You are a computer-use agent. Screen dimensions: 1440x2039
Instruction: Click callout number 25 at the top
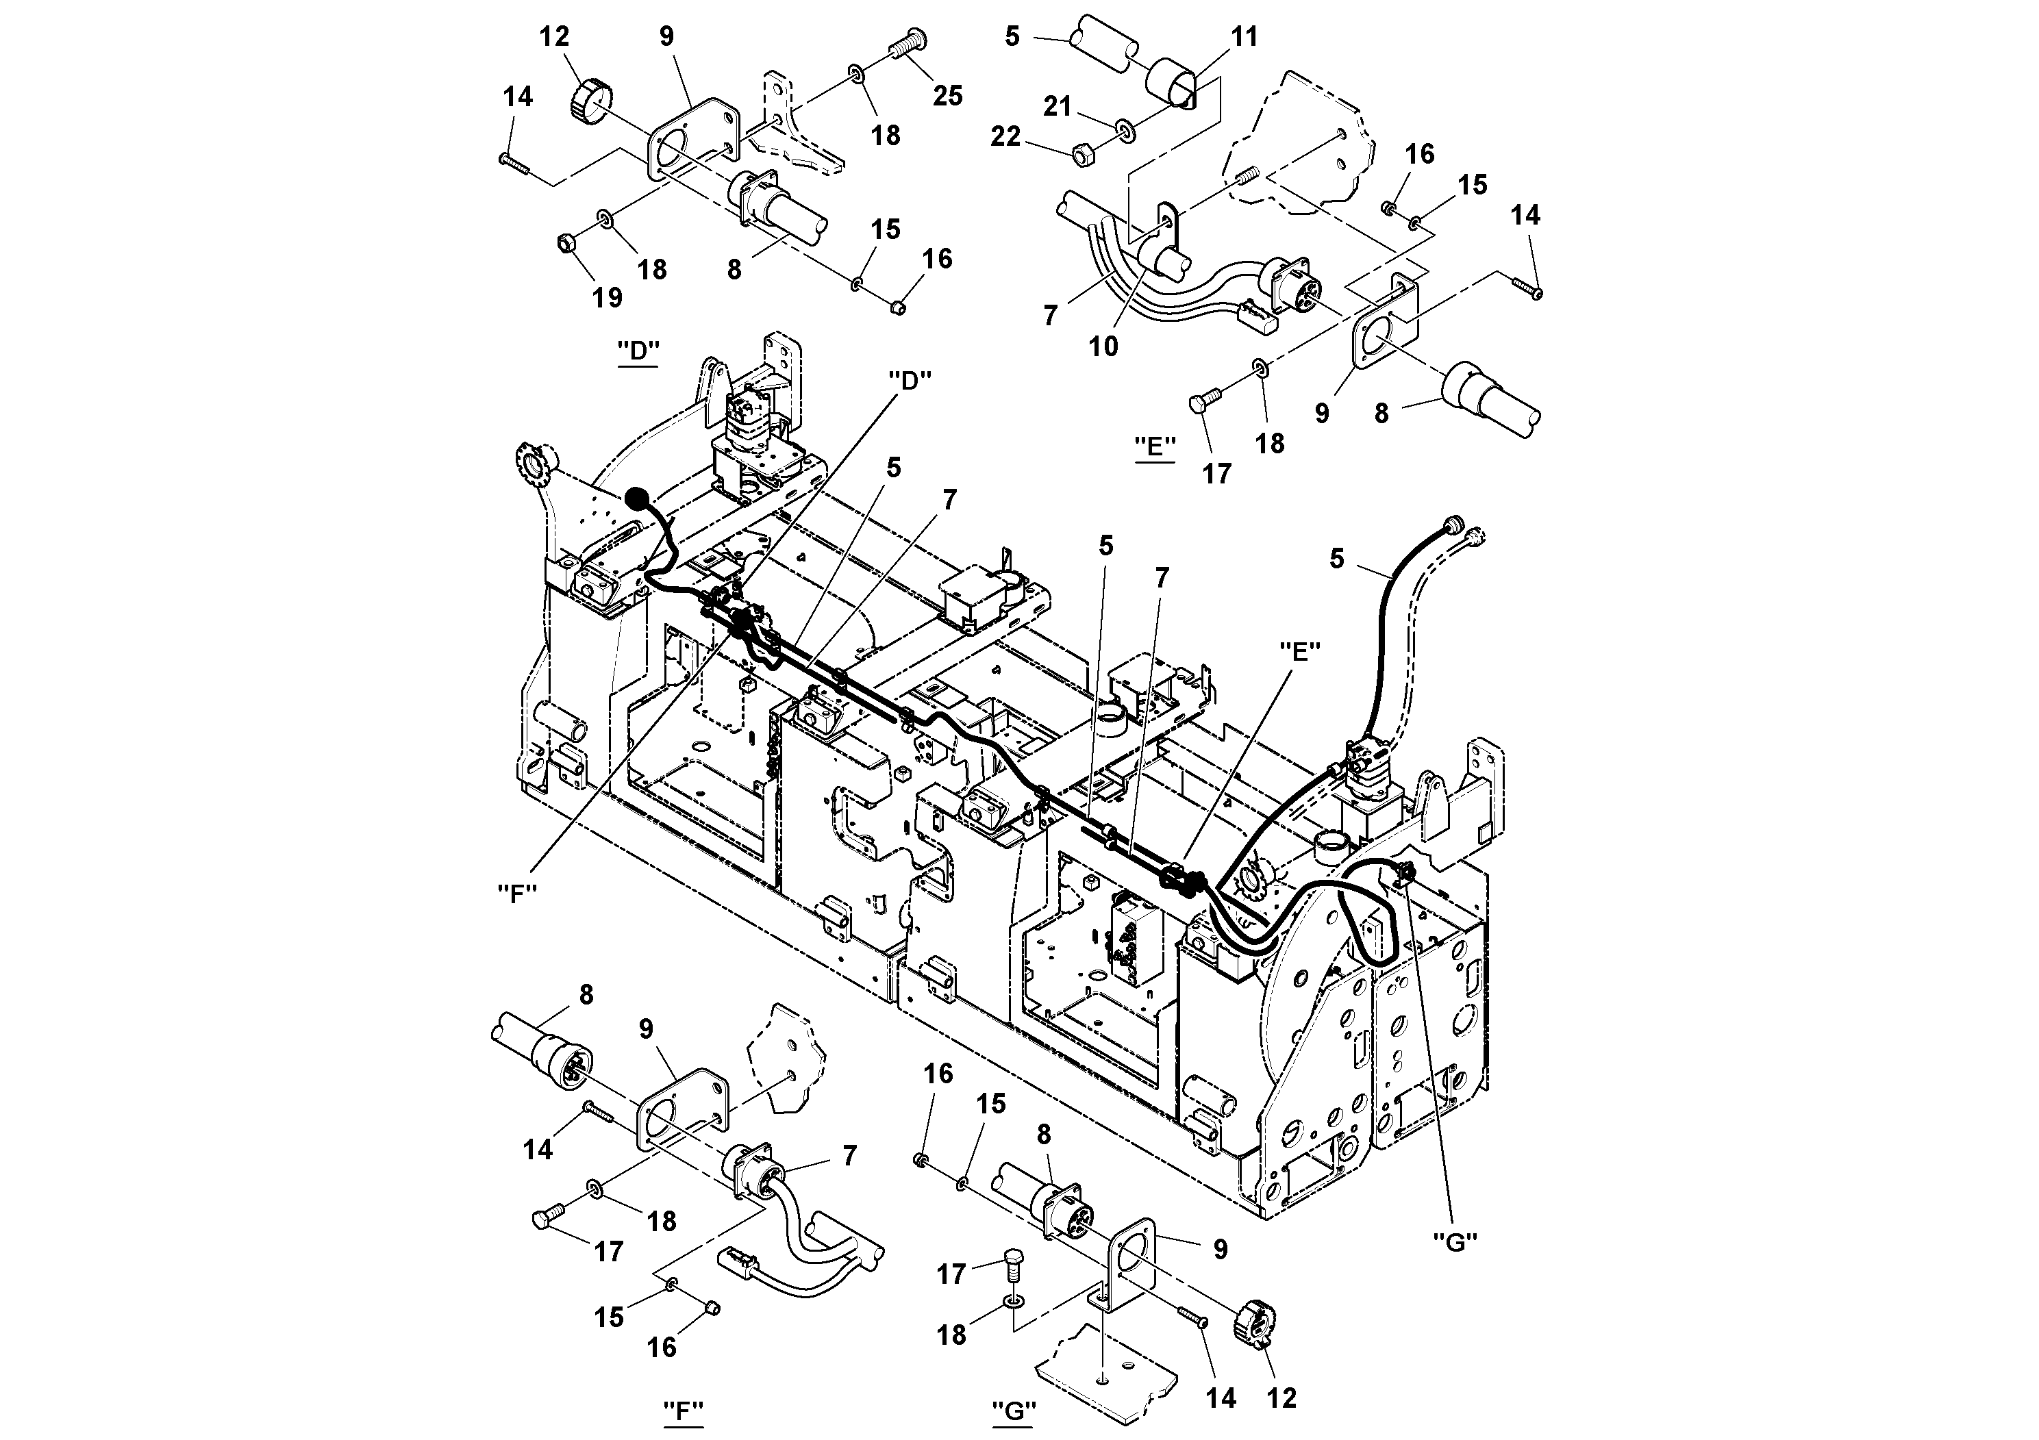pos(947,95)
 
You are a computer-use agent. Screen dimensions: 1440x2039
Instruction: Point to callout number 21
pos(1057,107)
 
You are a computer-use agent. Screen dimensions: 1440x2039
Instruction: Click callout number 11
pos(1244,36)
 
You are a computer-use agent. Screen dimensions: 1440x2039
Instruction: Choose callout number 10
pos(1104,346)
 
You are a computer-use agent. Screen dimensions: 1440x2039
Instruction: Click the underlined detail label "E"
pos(1155,446)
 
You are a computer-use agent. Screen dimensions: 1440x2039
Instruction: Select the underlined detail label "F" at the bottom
pos(683,1410)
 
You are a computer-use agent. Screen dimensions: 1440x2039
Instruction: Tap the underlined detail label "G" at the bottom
pos(1013,1410)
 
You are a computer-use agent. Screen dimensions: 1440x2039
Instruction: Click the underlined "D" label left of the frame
pos(638,351)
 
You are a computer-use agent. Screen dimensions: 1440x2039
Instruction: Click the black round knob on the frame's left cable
pos(638,499)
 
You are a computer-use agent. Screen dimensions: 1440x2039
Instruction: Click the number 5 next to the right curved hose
pos(1336,559)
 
